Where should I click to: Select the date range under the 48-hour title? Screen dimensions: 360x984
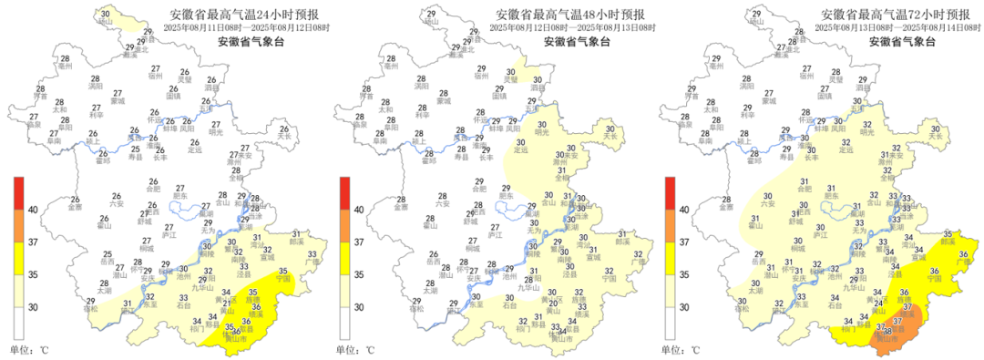tap(572, 28)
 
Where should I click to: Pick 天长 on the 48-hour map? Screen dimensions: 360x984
tap(610, 138)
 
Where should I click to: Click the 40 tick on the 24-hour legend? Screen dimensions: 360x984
tap(32, 210)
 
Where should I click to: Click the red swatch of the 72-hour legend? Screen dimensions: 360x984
tap(670, 193)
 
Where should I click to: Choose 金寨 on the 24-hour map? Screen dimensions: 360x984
tap(76, 207)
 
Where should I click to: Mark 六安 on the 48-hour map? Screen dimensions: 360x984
tap(441, 203)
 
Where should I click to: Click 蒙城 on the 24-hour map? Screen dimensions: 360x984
tap(118, 101)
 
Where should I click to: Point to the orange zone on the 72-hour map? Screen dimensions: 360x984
tap(897, 327)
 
